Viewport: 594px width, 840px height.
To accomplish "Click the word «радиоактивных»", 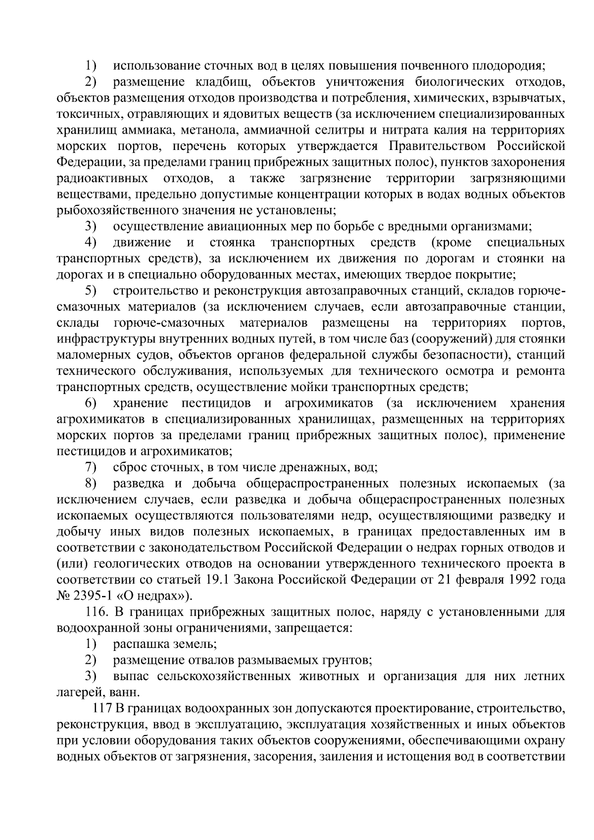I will (x=102, y=178).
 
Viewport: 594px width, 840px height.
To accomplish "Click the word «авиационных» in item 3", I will (x=240, y=227).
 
